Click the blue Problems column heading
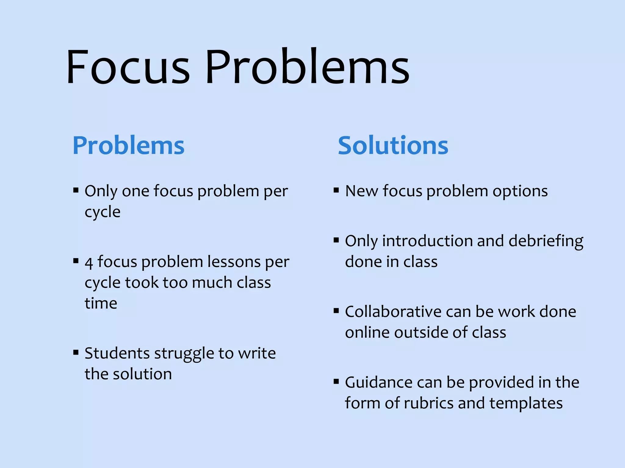[x=128, y=146]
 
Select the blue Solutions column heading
[x=393, y=146]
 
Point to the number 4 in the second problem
[x=89, y=263]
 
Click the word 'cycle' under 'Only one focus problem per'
[x=103, y=212]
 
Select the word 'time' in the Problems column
[x=101, y=303]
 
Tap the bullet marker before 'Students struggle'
[x=76, y=353]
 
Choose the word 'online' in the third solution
[x=367, y=332]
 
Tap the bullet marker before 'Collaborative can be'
[x=336, y=311]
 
